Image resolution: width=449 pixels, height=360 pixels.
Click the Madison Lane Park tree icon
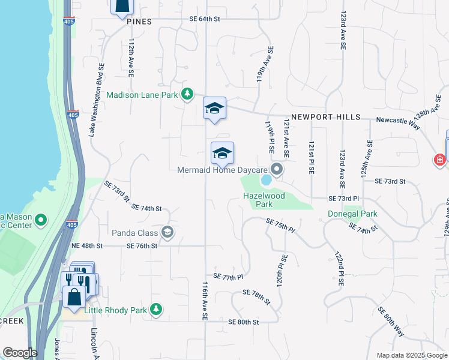[x=188, y=94]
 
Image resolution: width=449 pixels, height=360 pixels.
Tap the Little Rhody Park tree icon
[x=156, y=310]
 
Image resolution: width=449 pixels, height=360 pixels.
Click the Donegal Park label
[x=352, y=214]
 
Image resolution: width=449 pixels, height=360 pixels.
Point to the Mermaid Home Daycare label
[x=222, y=170]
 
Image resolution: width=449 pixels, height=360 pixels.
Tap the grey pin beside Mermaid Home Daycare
[x=277, y=169]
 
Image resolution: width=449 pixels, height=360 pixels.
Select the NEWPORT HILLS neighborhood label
[x=326, y=117]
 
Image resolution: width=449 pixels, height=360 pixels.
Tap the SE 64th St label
[x=205, y=19]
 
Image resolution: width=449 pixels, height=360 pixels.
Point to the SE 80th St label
[x=243, y=322]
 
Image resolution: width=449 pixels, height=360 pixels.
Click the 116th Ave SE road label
[x=205, y=301]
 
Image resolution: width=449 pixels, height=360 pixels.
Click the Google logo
[x=20, y=353]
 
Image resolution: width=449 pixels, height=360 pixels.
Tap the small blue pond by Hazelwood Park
[x=265, y=180]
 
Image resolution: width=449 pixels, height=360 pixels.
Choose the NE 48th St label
[x=87, y=246]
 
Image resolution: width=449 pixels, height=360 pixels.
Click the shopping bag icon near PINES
[x=121, y=5]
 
